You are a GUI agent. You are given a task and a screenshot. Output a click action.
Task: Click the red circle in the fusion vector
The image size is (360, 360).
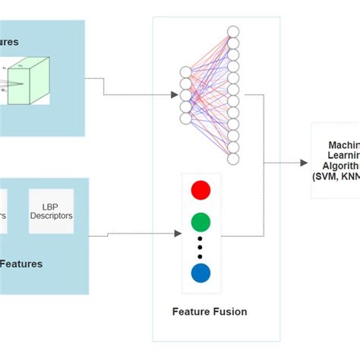coord(201,190)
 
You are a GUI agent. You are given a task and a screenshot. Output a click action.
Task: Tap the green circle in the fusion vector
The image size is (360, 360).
coord(201,222)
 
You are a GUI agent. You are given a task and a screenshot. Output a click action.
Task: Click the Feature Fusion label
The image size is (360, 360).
coord(209,312)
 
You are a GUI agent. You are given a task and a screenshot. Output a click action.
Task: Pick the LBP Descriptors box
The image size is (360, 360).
coord(52,210)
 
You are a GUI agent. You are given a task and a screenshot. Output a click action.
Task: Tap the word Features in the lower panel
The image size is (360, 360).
coord(21,264)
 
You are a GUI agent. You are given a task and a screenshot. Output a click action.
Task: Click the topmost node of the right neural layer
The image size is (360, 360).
coord(233,31)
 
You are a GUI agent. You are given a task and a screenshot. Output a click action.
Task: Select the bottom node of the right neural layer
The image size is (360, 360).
coord(233,159)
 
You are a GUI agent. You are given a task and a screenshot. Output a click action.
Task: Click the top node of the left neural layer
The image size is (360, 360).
coord(185,72)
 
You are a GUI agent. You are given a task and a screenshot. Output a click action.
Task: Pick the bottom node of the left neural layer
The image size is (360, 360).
coord(185,118)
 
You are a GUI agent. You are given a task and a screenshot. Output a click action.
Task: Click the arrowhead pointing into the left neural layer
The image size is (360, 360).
coord(174,95)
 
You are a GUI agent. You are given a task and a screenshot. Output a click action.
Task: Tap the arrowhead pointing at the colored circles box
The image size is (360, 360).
coord(178,233)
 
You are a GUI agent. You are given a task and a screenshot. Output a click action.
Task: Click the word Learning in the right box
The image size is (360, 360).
coord(343,155)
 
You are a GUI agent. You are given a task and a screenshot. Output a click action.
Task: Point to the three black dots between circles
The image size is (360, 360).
coord(201,248)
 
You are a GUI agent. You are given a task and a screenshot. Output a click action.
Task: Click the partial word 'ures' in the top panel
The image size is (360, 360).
coord(9,42)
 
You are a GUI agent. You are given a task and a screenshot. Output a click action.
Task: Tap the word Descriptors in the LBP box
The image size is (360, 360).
coord(52,216)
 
